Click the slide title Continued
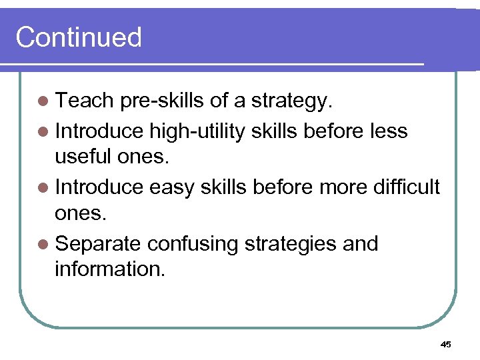point(79,37)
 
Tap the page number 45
point(446,344)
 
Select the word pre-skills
point(162,102)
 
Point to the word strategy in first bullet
point(292,102)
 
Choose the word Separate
point(99,243)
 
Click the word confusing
point(193,243)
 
